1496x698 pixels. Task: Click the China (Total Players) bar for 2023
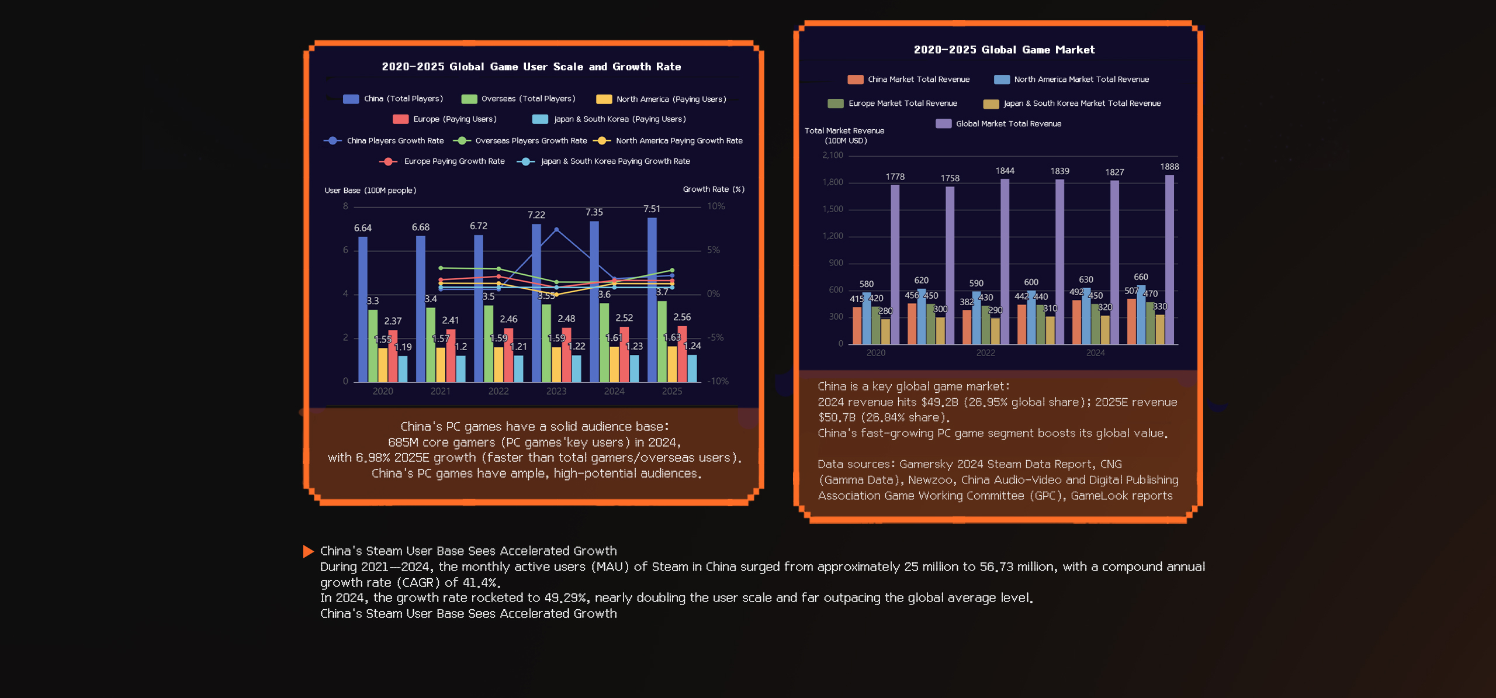point(536,304)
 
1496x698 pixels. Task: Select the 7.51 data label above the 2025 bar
point(652,209)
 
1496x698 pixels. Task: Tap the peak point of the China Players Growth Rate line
point(556,230)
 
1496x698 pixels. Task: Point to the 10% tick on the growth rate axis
point(716,206)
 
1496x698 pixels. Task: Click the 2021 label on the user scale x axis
point(441,391)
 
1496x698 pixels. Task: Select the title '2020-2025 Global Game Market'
point(1004,50)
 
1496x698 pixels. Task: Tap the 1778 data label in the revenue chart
point(895,177)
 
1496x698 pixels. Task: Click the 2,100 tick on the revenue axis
point(833,156)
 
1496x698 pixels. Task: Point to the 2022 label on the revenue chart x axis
point(985,353)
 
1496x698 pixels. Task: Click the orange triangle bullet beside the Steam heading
point(308,551)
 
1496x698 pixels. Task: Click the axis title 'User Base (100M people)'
point(370,191)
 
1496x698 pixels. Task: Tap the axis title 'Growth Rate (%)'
point(713,189)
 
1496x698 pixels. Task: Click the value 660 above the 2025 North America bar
point(1141,277)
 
